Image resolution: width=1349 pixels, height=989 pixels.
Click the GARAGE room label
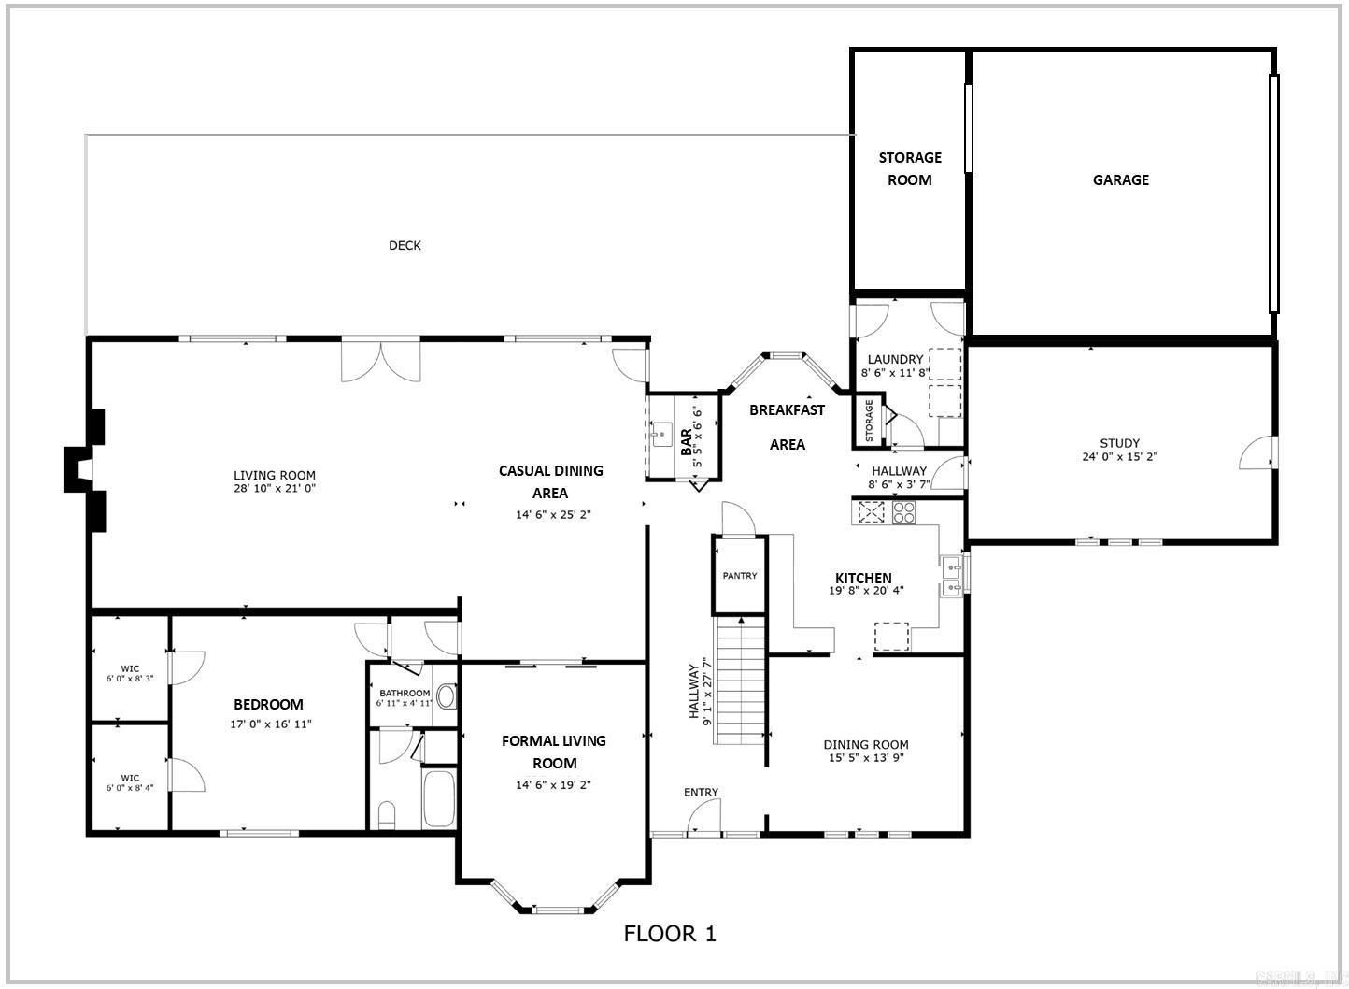point(1120,179)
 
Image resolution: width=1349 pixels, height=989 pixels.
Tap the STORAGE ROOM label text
point(909,168)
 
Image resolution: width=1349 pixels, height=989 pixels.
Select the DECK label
point(405,245)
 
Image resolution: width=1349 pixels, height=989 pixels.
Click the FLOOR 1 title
point(670,933)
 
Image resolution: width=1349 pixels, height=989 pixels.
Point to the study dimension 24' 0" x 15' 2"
point(1119,457)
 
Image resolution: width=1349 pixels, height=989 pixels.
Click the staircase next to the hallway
point(741,680)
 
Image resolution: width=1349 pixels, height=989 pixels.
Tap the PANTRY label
point(739,576)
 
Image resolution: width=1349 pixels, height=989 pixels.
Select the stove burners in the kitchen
point(903,512)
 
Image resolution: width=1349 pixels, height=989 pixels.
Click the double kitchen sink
point(952,576)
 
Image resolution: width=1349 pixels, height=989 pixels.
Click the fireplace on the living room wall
point(82,469)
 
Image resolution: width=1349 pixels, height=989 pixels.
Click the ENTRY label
point(701,792)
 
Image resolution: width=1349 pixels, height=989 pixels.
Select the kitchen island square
point(891,638)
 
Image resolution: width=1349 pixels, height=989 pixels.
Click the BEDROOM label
point(268,704)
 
